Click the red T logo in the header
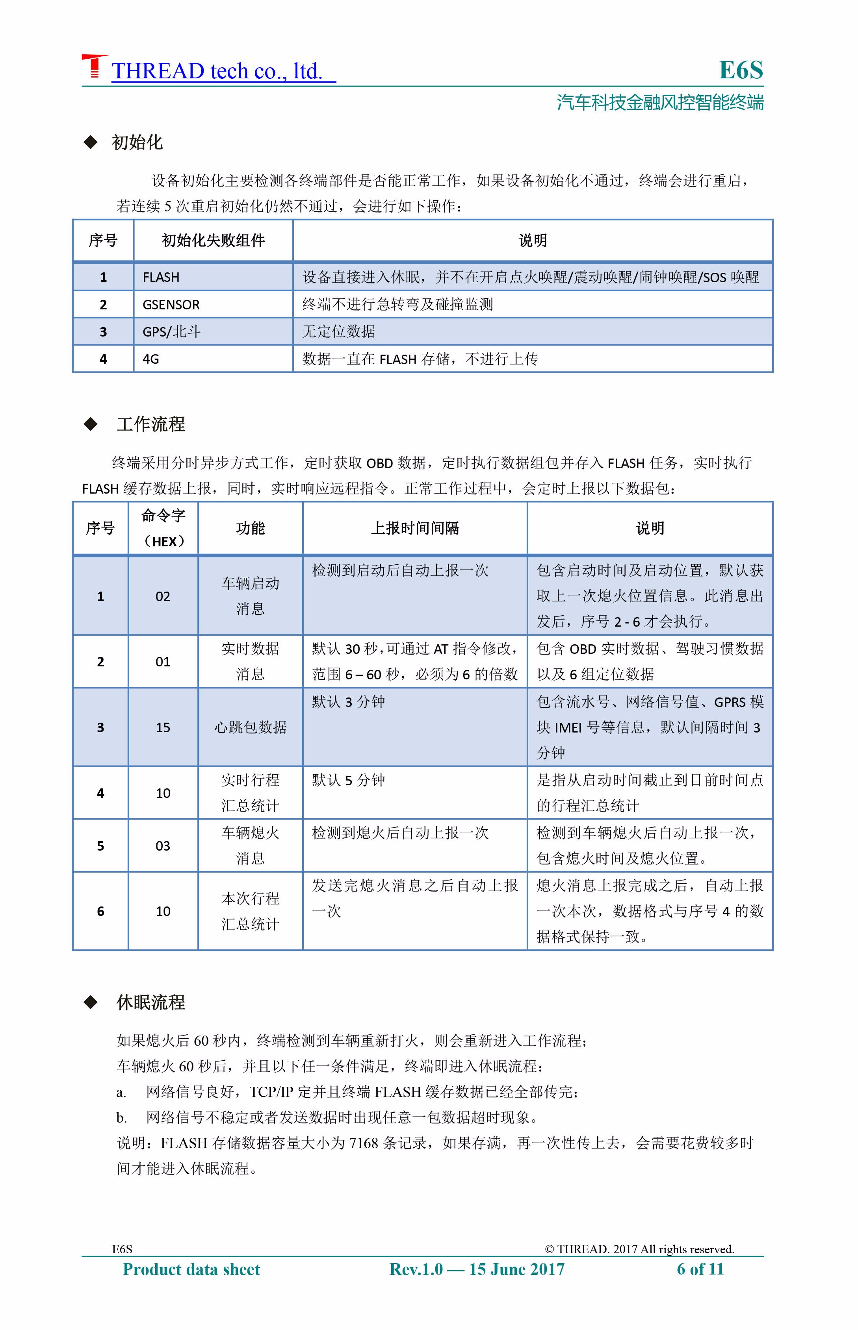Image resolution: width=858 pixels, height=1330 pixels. coord(94,66)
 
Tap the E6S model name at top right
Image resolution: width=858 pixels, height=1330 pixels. coord(741,70)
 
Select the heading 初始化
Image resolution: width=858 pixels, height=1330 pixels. coord(137,142)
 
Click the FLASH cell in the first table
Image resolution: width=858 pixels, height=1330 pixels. coord(161,277)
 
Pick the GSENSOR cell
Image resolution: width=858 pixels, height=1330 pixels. coord(171,305)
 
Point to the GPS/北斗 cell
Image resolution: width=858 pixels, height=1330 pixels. coord(171,332)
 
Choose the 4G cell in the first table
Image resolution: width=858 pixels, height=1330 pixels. coord(151,359)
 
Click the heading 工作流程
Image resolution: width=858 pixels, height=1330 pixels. coord(150,424)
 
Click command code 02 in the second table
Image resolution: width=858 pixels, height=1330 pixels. coord(163,597)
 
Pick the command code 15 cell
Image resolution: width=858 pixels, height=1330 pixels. coord(163,728)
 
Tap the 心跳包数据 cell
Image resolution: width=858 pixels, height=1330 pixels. coord(250,728)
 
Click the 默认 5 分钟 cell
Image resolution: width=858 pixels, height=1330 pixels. coord(348,781)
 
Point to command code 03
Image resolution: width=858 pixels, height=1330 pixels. coord(163,846)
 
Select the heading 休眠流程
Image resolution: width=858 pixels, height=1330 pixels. coord(150,1003)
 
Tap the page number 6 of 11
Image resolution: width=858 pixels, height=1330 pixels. coord(700,1269)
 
